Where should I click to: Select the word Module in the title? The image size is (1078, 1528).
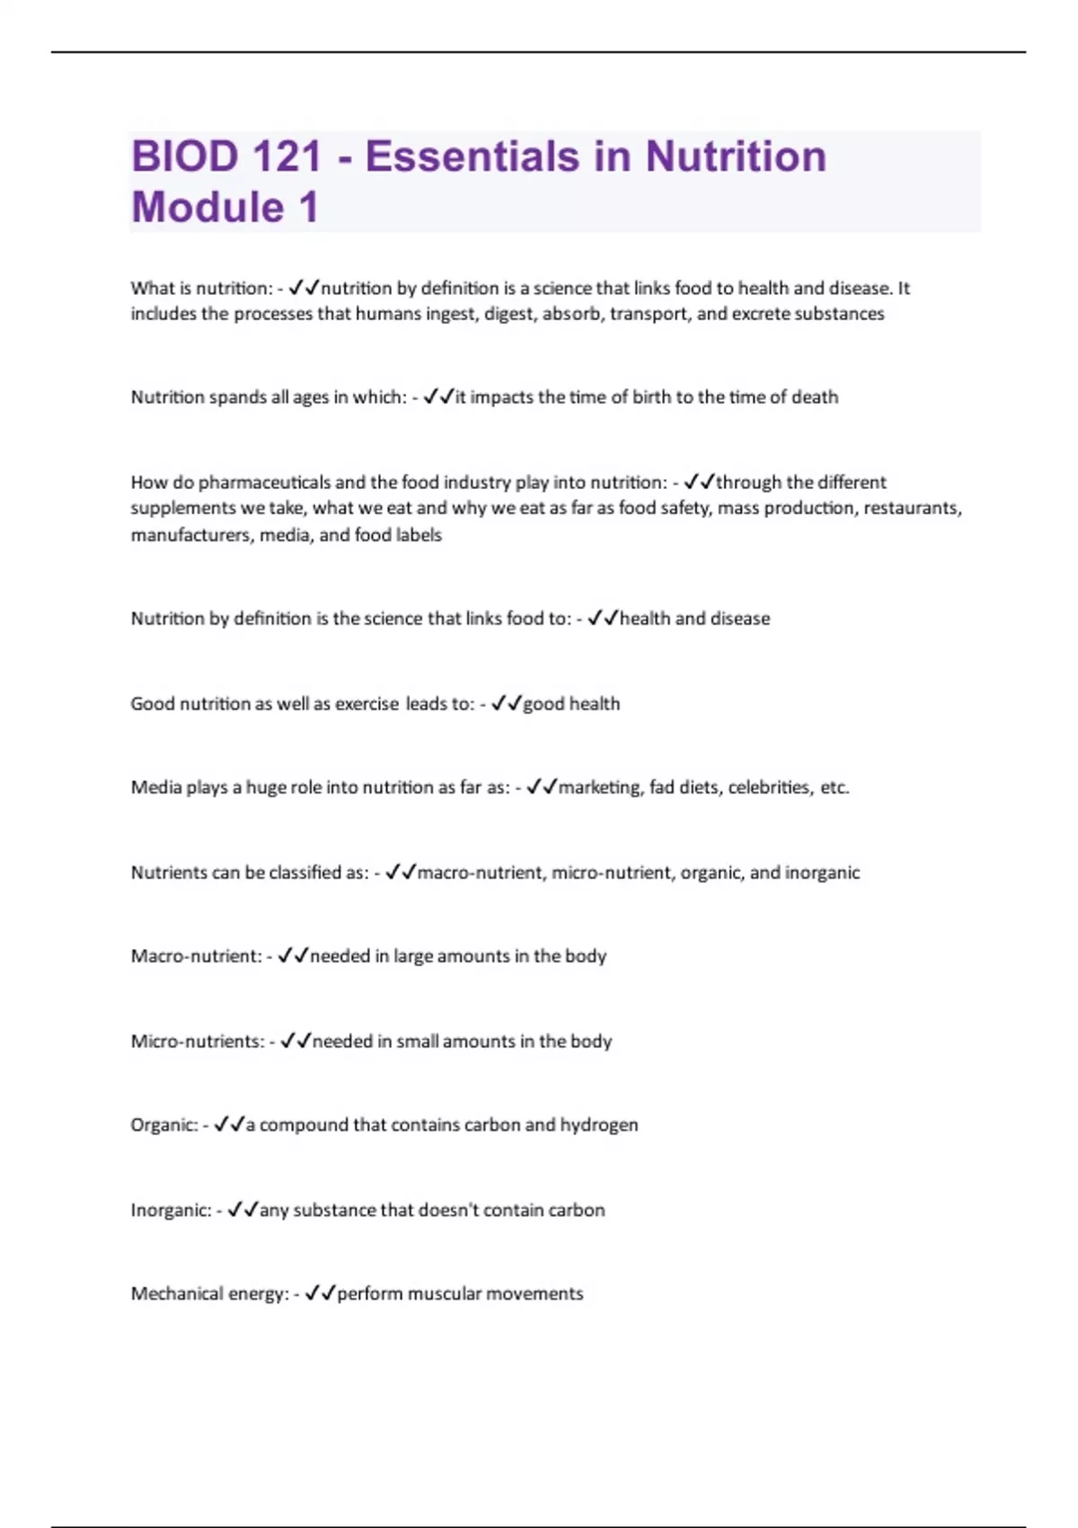208,208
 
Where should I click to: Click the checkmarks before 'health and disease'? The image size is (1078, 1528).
603,618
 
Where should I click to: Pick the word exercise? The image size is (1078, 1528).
367,704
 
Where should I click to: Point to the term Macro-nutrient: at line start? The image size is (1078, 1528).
196,956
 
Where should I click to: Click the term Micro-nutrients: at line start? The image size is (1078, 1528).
198,1042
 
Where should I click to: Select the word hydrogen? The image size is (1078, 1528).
599,1125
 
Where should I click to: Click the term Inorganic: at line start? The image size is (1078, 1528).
171,1211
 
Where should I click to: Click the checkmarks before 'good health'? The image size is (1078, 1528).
507,704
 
